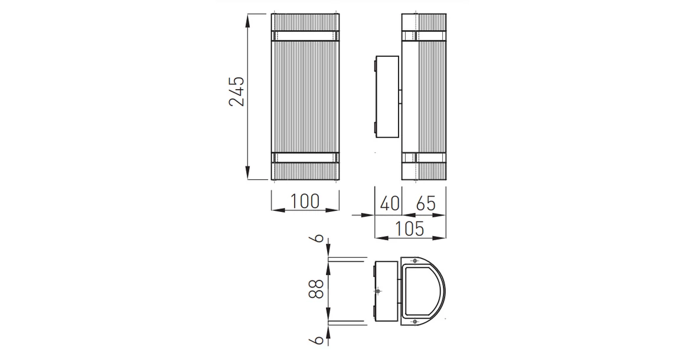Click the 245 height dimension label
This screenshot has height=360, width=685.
coord(236,92)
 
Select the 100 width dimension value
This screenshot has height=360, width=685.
coord(305,201)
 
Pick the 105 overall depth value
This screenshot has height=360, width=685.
coord(410,228)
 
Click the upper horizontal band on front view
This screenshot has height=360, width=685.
coord(305,35)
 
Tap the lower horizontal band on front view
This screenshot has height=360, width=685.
coord(305,158)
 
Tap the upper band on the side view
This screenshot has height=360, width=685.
coord(423,35)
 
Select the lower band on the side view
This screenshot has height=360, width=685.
coord(423,158)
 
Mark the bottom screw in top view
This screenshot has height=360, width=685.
coord(415,321)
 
